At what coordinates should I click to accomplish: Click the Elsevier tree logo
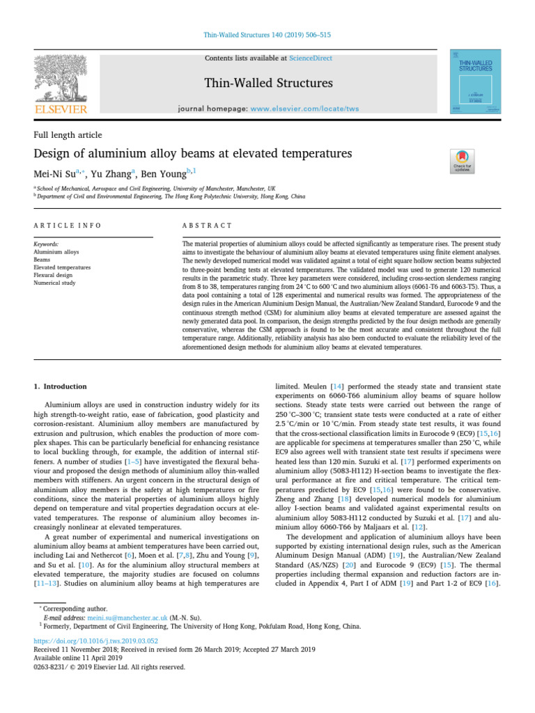pyautogui.click(x=61, y=77)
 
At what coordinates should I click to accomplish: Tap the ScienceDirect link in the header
pyautogui.click(x=310, y=59)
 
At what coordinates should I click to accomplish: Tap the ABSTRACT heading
pyautogui.click(x=207, y=226)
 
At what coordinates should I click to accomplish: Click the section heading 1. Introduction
pyautogui.click(x=61, y=386)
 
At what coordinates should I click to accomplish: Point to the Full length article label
pyautogui.click(x=68, y=134)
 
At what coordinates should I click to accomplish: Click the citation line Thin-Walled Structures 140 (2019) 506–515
pyautogui.click(x=267, y=35)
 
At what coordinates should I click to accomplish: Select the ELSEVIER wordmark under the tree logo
pyautogui.click(x=61, y=109)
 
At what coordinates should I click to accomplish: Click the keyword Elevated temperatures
pyautogui.click(x=62, y=267)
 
